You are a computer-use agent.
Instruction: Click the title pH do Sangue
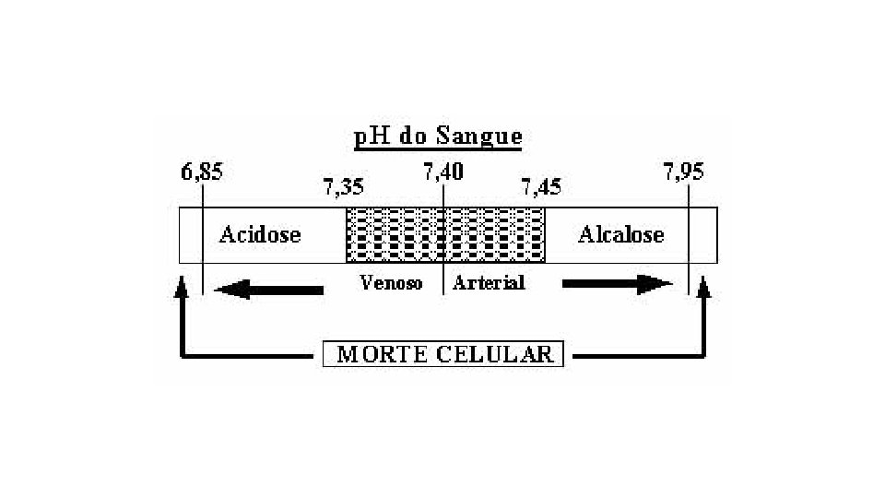(438, 137)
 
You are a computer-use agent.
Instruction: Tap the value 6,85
(202, 172)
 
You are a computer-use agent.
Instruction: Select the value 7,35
(342, 188)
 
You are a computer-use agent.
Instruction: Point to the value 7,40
(443, 172)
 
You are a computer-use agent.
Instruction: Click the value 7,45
(541, 188)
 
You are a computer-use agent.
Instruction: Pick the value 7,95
(683, 172)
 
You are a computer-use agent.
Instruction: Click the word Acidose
(260, 235)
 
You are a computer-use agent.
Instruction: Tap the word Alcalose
(620, 235)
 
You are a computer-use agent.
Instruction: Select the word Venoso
(391, 283)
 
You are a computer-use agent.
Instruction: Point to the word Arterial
(489, 283)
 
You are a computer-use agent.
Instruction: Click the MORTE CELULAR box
(443, 354)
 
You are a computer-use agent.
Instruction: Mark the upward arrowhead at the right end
(704, 290)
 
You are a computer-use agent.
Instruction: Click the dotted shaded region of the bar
(445, 235)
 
